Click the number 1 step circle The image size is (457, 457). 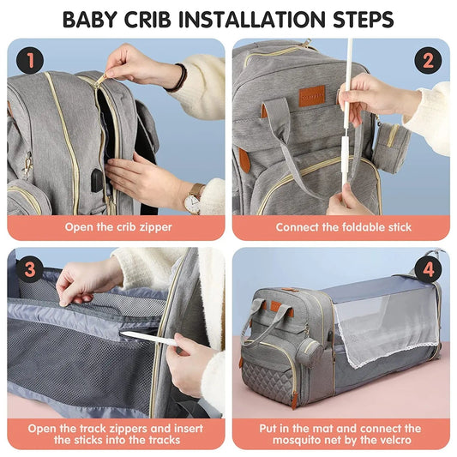point(30,60)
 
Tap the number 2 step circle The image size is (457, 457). point(426,60)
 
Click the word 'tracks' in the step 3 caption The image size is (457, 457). point(159,440)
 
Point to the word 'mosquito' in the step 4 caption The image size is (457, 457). point(300,440)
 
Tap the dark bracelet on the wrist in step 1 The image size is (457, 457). point(177,79)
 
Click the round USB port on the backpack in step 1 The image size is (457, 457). point(97,179)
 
